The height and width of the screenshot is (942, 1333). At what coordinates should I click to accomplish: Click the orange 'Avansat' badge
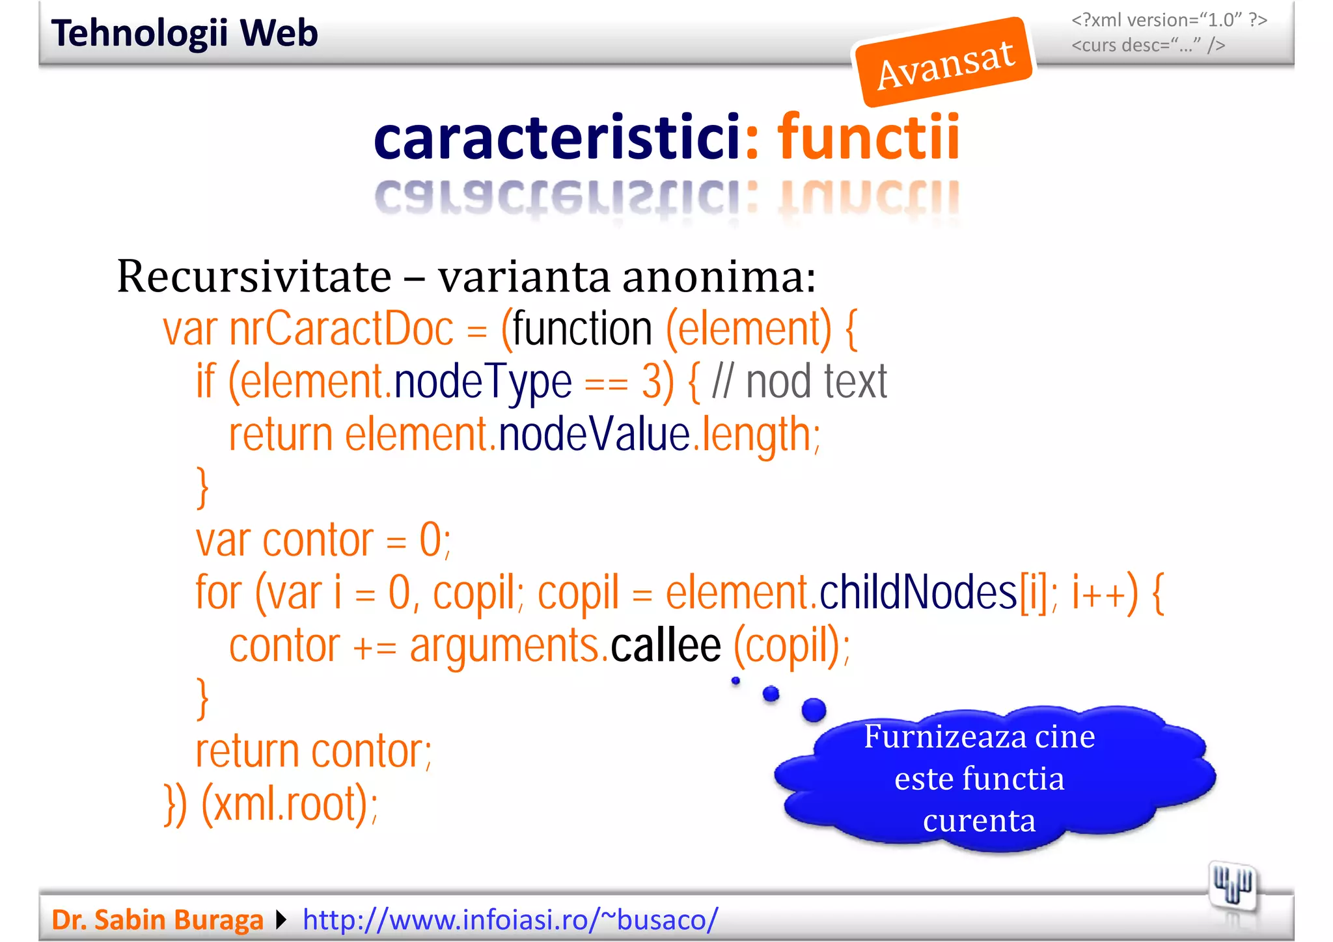click(x=944, y=62)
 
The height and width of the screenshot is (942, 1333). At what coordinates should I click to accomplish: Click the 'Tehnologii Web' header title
click(x=185, y=33)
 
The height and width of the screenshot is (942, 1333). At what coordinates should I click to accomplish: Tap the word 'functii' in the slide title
click(x=868, y=137)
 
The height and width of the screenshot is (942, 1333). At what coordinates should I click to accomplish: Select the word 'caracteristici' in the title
click(x=557, y=137)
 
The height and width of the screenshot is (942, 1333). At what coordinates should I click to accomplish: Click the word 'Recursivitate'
click(x=254, y=276)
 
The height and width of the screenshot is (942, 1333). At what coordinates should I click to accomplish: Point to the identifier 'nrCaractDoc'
click(x=341, y=329)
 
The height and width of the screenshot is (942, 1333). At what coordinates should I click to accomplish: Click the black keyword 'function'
click(x=583, y=329)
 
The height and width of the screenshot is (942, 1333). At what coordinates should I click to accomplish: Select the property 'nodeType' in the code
click(x=483, y=382)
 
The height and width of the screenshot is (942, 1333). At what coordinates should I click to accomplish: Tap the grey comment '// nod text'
click(x=799, y=382)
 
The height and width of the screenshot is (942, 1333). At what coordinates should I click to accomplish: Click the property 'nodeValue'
click(x=594, y=435)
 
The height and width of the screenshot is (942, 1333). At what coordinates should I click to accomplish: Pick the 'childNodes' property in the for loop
click(x=918, y=593)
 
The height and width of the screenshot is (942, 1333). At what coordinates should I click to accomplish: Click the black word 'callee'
click(x=665, y=645)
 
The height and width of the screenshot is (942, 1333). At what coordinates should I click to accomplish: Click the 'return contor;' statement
click(x=314, y=751)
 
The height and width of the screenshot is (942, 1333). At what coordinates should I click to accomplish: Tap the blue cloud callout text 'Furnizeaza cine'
click(x=979, y=737)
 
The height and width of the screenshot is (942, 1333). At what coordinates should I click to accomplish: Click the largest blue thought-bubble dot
click(x=814, y=710)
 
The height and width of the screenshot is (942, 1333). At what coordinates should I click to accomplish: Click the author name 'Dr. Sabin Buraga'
click(x=158, y=920)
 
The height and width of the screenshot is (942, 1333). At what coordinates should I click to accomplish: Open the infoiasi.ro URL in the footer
click(x=510, y=920)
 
